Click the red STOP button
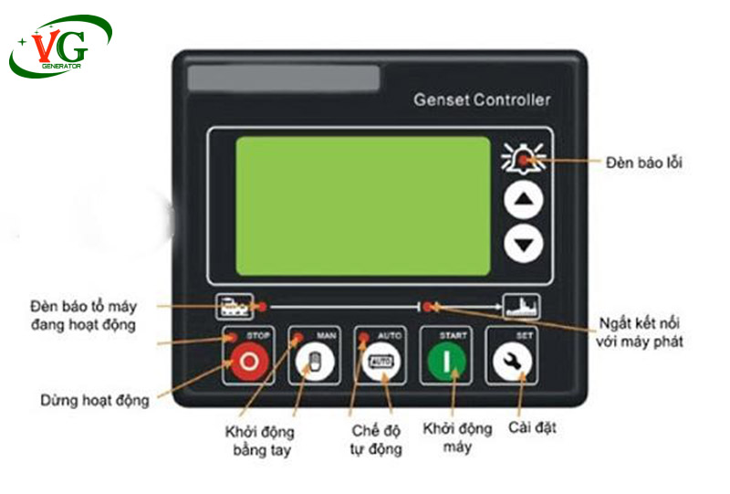(x=249, y=362)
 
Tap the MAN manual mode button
(x=315, y=362)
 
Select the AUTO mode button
(x=381, y=362)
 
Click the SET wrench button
(x=512, y=362)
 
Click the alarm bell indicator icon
(x=523, y=158)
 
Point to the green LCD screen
(x=363, y=206)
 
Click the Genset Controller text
(x=482, y=100)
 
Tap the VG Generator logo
(x=60, y=47)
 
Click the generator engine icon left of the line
(x=235, y=307)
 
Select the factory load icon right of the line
(x=522, y=306)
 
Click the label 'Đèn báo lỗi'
(x=644, y=163)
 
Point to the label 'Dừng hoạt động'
(x=95, y=401)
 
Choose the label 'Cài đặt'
(x=532, y=428)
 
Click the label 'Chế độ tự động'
(x=376, y=439)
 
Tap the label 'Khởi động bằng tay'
(x=260, y=441)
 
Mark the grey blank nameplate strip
(x=284, y=78)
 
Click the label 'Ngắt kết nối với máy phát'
(x=640, y=332)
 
